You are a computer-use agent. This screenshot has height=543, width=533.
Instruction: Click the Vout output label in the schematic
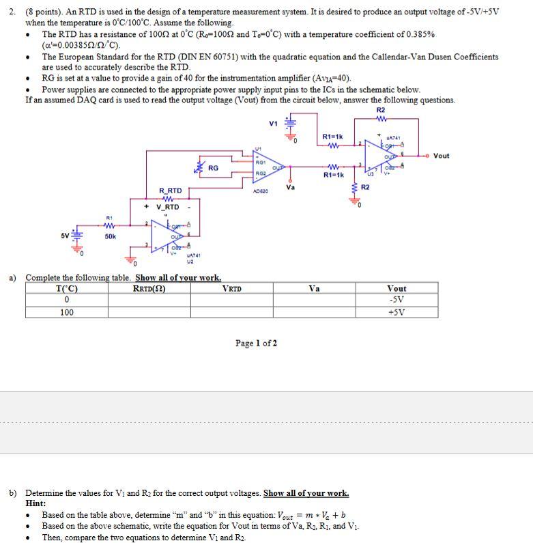(442, 156)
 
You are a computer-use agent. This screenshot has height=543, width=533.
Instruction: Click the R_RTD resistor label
(170, 190)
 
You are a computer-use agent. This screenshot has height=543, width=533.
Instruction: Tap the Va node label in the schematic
(291, 186)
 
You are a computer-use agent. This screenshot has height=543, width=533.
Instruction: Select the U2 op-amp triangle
(164, 236)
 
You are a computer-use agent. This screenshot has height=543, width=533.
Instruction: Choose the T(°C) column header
(66, 288)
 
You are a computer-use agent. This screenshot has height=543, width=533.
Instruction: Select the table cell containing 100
(67, 313)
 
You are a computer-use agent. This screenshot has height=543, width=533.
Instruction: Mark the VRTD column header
(232, 288)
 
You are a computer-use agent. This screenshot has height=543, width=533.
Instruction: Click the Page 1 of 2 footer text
(256, 343)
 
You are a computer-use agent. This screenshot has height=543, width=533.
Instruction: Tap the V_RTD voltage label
(168, 207)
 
